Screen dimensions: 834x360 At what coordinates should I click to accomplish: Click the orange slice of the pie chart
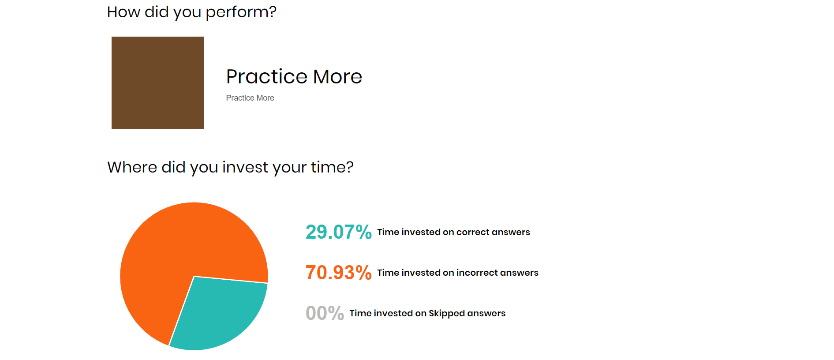pyautogui.click(x=176, y=247)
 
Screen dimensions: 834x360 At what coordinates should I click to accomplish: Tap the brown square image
pyautogui.click(x=158, y=83)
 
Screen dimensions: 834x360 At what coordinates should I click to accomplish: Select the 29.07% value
pyautogui.click(x=339, y=232)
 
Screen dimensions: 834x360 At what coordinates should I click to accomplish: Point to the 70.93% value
pyautogui.click(x=339, y=273)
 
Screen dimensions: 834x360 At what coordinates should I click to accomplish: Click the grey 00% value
pyautogui.click(x=325, y=313)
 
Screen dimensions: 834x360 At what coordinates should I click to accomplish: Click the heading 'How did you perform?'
pyautogui.click(x=192, y=12)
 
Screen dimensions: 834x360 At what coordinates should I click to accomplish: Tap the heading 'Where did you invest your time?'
pyautogui.click(x=230, y=168)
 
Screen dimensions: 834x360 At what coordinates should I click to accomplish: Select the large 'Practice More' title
pyautogui.click(x=294, y=77)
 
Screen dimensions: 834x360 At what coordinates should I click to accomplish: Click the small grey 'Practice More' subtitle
pyautogui.click(x=250, y=98)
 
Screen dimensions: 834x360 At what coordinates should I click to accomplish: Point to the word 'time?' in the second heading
pyautogui.click(x=333, y=168)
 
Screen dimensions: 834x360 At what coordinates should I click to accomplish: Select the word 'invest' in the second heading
pyautogui.click(x=245, y=168)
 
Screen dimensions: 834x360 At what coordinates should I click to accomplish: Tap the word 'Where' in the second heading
pyautogui.click(x=132, y=168)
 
